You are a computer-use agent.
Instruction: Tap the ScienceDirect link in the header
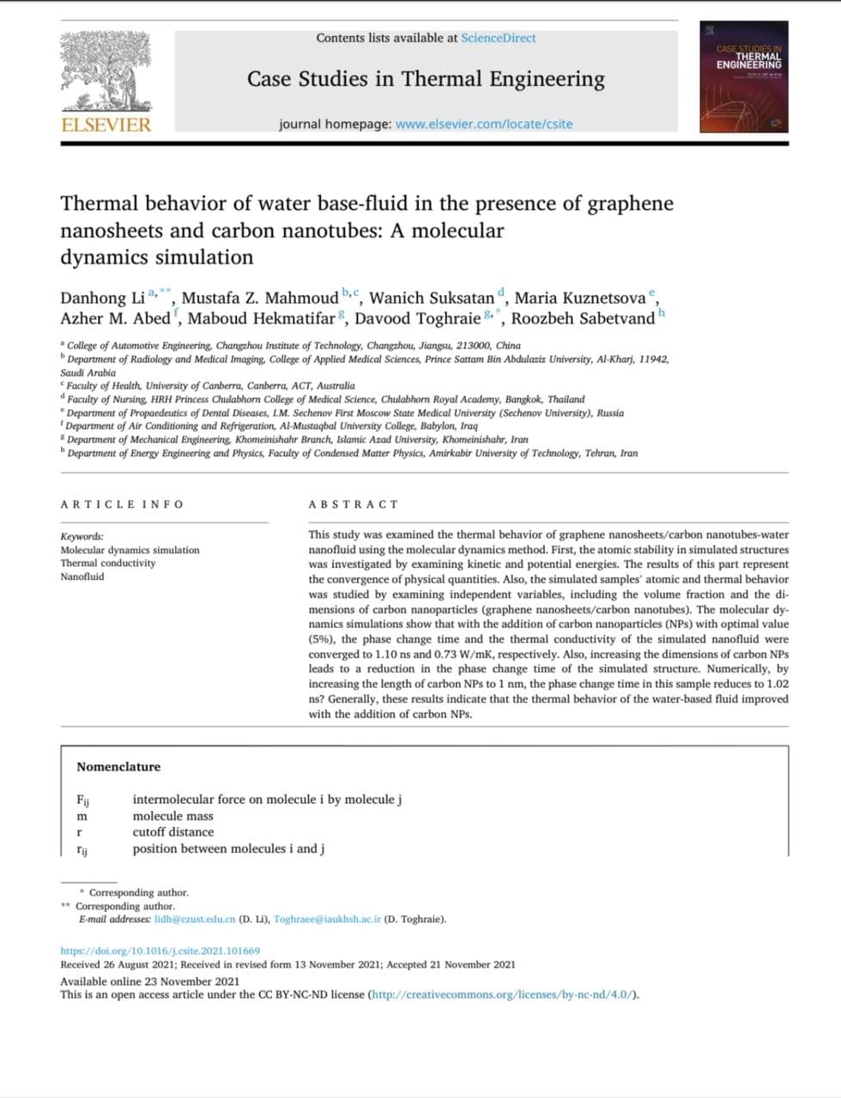coord(498,38)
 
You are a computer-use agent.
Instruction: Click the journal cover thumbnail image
coord(743,76)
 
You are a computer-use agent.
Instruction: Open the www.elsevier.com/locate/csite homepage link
coord(483,124)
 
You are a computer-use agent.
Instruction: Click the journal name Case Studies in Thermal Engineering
coord(426,79)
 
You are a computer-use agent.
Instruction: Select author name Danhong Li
coord(102,299)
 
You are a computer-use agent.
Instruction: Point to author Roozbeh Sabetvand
coord(583,319)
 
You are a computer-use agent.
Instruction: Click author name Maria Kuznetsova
coord(579,299)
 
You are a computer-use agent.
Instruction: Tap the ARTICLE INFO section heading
coord(122,504)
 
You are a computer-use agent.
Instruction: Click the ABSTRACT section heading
coord(354,504)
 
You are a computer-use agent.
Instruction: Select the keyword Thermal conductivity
coord(108,564)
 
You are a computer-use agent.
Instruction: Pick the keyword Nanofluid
coord(82,576)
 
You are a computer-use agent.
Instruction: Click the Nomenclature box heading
coord(118,767)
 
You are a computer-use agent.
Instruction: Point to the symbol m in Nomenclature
coord(82,817)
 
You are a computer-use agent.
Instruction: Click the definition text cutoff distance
coord(173,832)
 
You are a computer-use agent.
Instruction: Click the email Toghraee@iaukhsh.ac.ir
coord(327,920)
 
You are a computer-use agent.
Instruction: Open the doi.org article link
coord(160,950)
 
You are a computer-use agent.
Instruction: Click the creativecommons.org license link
coord(503,995)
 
